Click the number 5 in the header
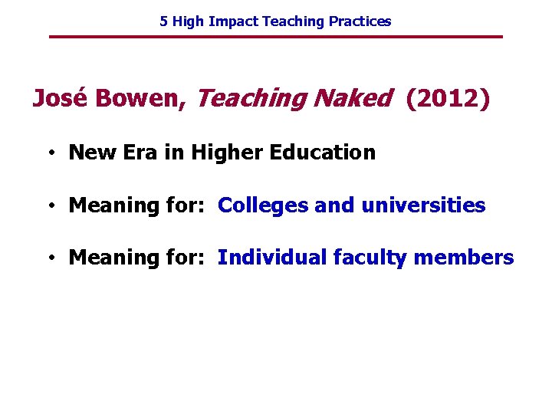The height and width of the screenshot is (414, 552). [163, 21]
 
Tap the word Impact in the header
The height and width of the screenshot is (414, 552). [233, 21]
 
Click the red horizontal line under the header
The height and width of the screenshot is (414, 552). [276, 37]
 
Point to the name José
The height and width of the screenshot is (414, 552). [58, 98]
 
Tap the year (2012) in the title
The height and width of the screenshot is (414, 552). [447, 98]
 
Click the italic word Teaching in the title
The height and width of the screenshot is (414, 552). [250, 99]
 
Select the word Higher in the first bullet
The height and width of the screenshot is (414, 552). [226, 153]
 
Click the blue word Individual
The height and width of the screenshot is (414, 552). [272, 258]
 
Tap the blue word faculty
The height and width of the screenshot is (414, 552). [370, 258]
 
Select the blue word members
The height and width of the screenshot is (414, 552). [465, 258]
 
